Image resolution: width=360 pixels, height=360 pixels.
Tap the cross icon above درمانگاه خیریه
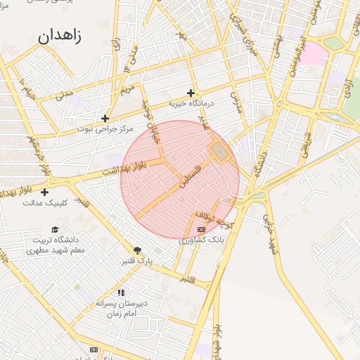point(191,93)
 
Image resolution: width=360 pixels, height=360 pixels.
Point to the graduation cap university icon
point(55,229)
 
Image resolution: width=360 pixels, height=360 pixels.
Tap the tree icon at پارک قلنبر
point(137,250)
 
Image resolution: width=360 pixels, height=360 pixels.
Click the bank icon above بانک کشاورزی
point(202,229)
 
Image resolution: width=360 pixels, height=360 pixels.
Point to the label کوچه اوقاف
point(214,221)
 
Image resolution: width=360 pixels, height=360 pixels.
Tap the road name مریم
point(127,89)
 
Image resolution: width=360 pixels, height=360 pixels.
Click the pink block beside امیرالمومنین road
point(314,53)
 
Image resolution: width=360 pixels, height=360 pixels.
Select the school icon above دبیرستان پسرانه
point(121,292)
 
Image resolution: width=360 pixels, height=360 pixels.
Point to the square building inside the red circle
point(219,150)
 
